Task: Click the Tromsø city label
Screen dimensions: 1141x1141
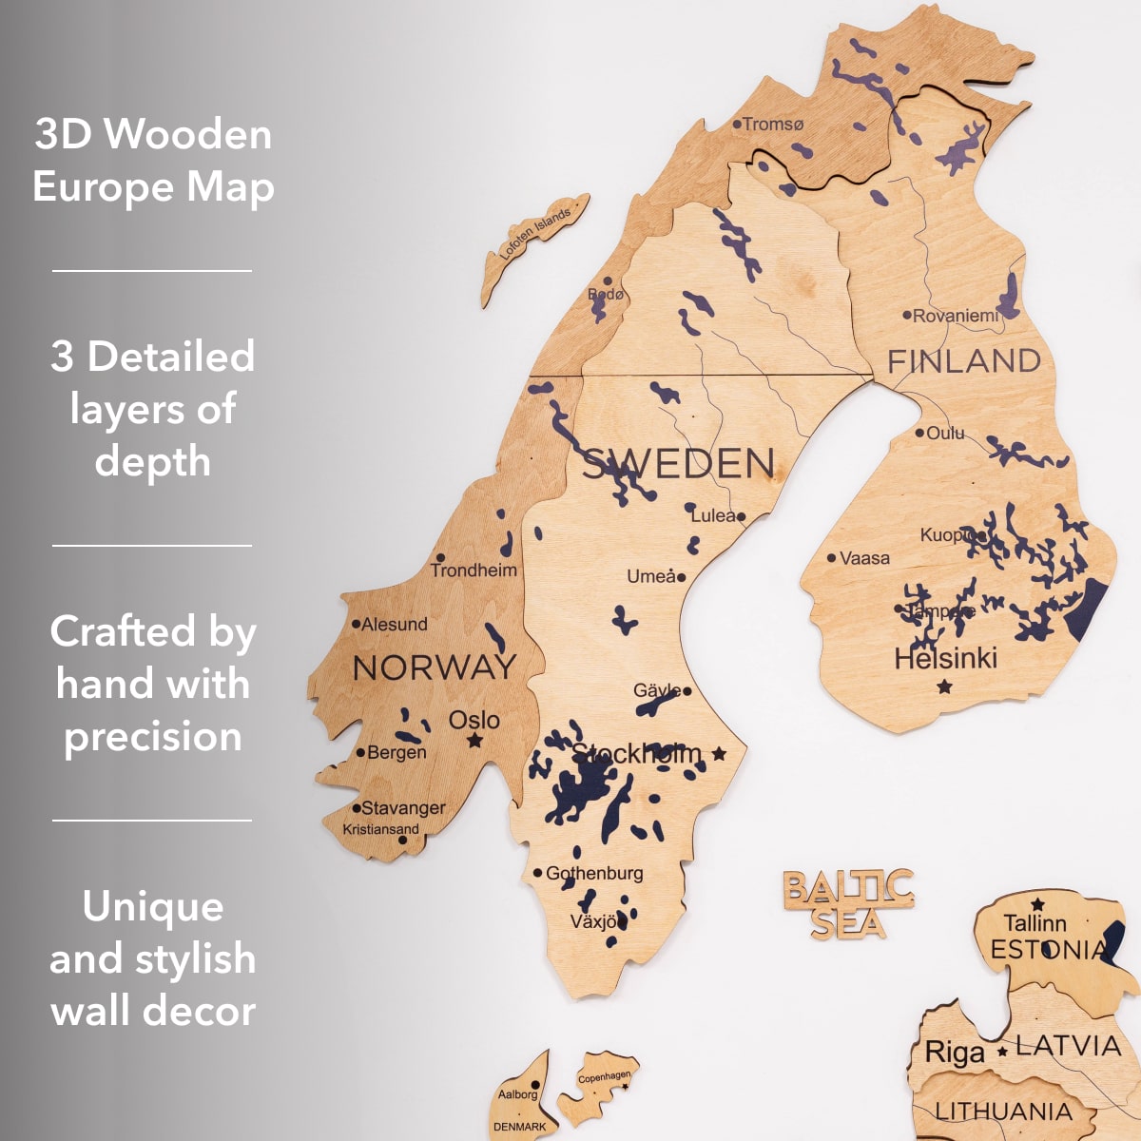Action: pyautogui.click(x=772, y=125)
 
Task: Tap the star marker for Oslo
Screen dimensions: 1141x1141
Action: pyautogui.click(x=474, y=741)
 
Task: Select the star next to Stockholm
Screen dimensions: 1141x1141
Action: pyautogui.click(x=719, y=754)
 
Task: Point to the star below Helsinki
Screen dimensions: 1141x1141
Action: pyautogui.click(x=944, y=686)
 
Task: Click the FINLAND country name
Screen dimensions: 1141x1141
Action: pyautogui.click(x=963, y=361)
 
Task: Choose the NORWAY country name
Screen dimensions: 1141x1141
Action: pyautogui.click(x=434, y=667)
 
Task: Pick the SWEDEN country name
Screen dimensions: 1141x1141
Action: pyautogui.click(x=678, y=464)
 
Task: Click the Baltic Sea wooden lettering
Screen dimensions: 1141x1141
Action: pyautogui.click(x=848, y=904)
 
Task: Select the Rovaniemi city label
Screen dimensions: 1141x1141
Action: pyautogui.click(x=955, y=316)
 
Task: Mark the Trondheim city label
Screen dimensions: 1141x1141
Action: pyautogui.click(x=474, y=570)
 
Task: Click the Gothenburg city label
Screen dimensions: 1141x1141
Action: pyautogui.click(x=593, y=873)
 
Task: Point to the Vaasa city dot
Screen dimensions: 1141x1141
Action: pyautogui.click(x=831, y=558)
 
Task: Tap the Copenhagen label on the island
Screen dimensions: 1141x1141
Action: pyautogui.click(x=604, y=1077)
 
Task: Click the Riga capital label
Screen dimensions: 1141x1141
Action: pyautogui.click(x=954, y=1053)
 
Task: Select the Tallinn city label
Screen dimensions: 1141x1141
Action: pyautogui.click(x=1035, y=923)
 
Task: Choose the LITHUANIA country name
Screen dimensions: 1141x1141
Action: pyautogui.click(x=1002, y=1111)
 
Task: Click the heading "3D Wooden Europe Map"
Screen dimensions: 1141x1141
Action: pyautogui.click(x=153, y=160)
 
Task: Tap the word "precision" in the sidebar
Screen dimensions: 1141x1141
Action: pyautogui.click(x=153, y=737)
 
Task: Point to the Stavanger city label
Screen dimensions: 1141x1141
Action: pyautogui.click(x=403, y=808)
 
